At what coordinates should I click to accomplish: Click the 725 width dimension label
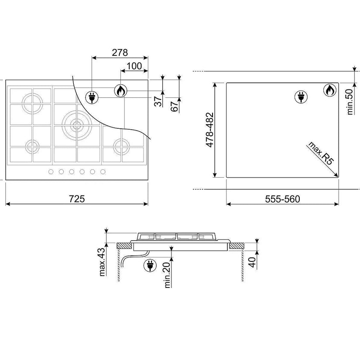(x=77, y=199)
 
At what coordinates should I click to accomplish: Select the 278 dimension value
(x=120, y=52)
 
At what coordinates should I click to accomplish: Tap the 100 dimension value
(x=134, y=66)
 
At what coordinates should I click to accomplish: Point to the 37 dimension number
(x=158, y=101)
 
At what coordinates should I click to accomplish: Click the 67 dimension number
(x=175, y=106)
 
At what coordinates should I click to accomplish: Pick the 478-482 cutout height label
(x=209, y=130)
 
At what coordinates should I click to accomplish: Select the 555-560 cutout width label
(x=282, y=199)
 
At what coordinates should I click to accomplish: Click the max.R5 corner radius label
(x=321, y=153)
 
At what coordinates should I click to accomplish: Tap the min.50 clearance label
(x=350, y=102)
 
